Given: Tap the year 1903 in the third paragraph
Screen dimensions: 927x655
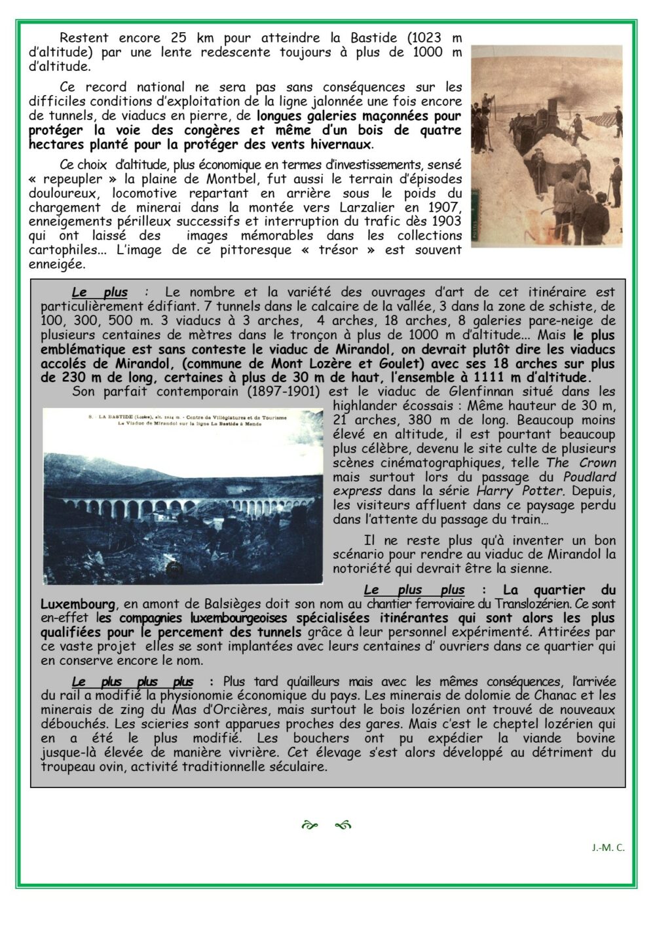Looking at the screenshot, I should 447,221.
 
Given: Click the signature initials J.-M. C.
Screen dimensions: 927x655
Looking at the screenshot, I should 608,847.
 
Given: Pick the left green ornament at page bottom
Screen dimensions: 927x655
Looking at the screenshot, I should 309,825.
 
